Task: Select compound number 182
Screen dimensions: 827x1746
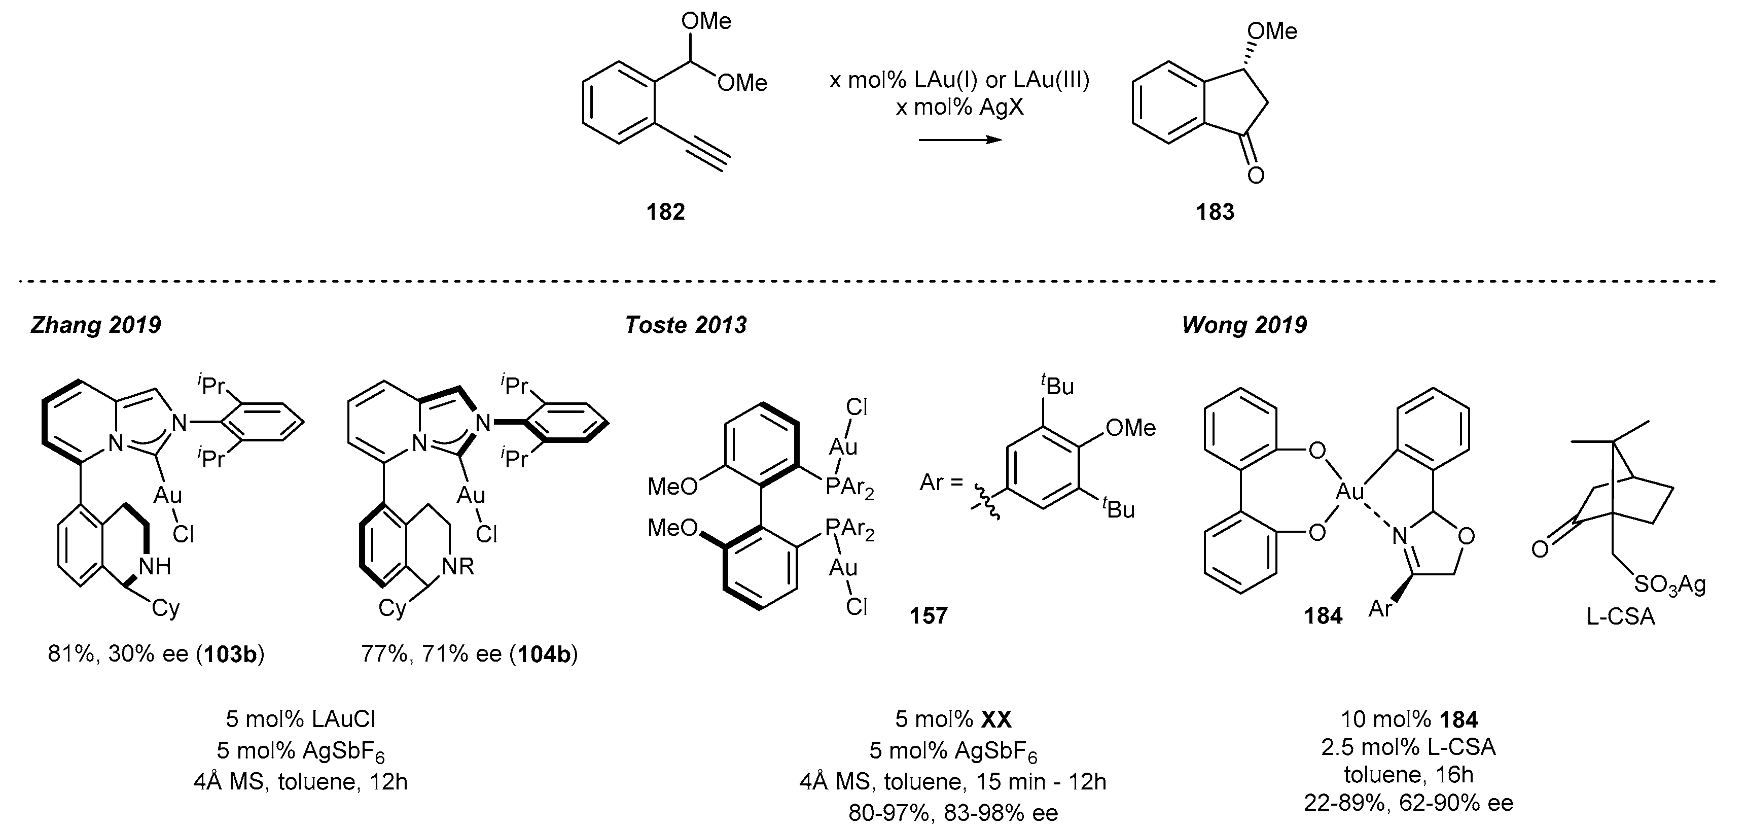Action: pyautogui.click(x=666, y=212)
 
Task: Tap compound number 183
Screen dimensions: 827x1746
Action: pyautogui.click(x=1215, y=212)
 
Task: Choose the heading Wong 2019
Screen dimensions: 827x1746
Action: pyautogui.click(x=1244, y=325)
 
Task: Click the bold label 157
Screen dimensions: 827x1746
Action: pyautogui.click(x=929, y=615)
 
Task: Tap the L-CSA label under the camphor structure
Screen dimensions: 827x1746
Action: pyautogui.click(x=1621, y=617)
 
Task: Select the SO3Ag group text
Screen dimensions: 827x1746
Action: pyautogui.click(x=1669, y=584)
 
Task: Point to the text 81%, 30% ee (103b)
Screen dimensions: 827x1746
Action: pyautogui.click(x=156, y=654)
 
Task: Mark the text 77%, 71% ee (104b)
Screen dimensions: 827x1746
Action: pyautogui.click(x=469, y=654)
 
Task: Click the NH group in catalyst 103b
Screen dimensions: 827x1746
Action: pyautogui.click(x=155, y=567)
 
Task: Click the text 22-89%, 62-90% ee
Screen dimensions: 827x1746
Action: pyautogui.click(x=1408, y=803)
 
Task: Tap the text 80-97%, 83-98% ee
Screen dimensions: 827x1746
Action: pyautogui.click(x=953, y=812)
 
